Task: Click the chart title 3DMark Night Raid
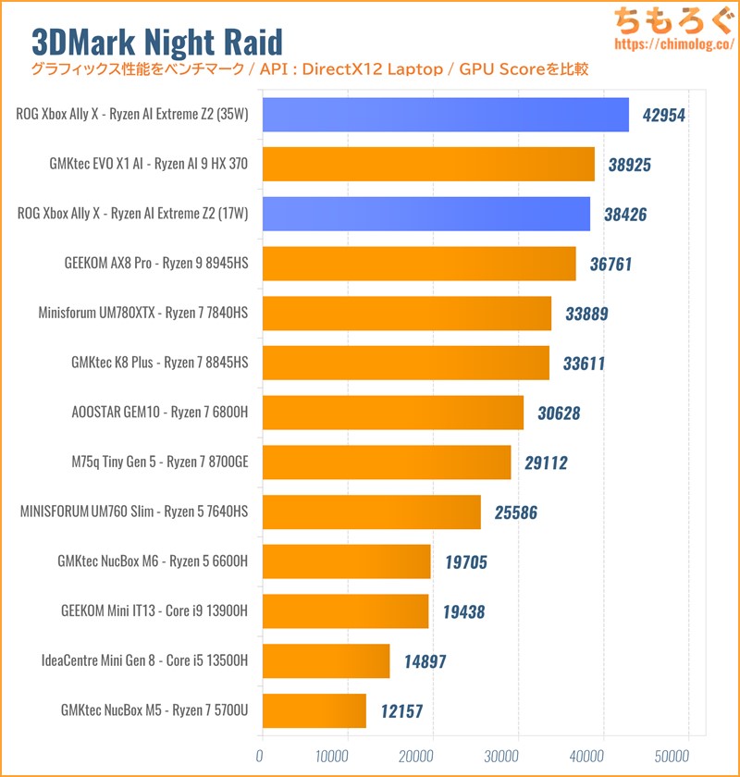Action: (x=157, y=41)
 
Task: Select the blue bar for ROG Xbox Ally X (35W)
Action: (x=444, y=115)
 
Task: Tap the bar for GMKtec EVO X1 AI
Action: (x=427, y=165)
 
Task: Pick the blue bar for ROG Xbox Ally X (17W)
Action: (x=425, y=214)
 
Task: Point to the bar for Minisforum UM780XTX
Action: (x=406, y=314)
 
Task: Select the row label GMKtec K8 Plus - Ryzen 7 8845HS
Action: (x=160, y=363)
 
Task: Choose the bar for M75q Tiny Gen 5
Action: (x=386, y=462)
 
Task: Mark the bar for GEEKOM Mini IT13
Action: (x=344, y=610)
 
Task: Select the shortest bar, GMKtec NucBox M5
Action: (x=314, y=710)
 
